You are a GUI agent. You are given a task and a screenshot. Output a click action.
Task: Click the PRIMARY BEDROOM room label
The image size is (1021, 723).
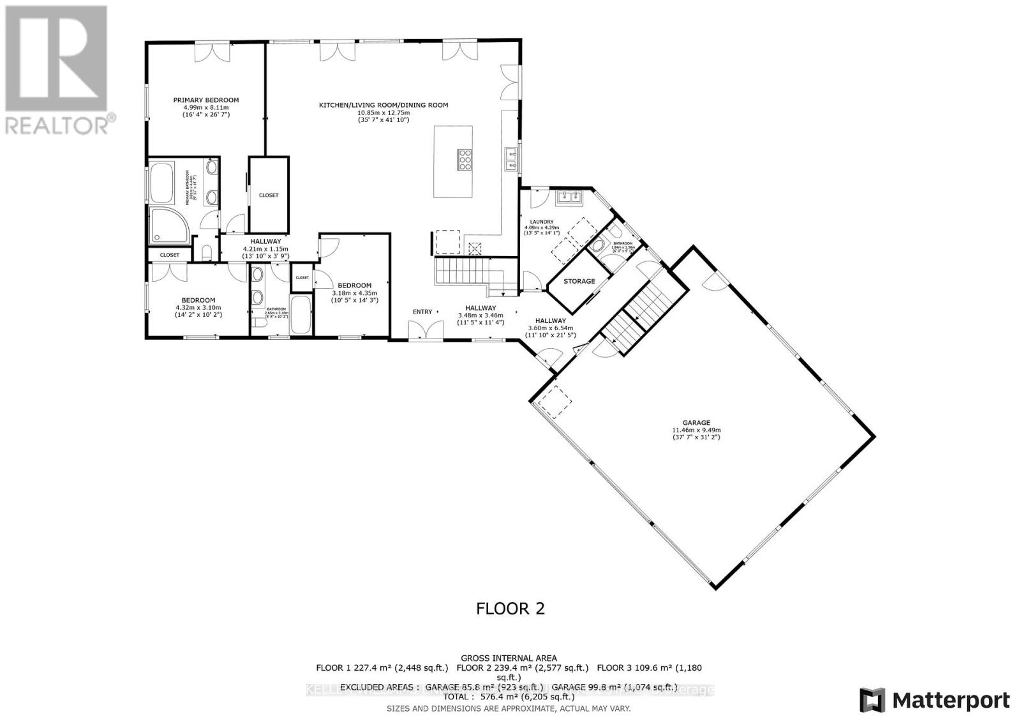(x=206, y=100)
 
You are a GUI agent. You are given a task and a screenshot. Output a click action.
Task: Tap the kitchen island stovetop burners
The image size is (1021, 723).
(x=464, y=159)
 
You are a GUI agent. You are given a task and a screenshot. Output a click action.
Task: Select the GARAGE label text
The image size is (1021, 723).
(x=696, y=423)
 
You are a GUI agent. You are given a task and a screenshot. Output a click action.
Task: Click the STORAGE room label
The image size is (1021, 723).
(x=579, y=281)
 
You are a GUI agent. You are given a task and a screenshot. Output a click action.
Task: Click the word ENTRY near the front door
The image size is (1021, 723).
(x=422, y=312)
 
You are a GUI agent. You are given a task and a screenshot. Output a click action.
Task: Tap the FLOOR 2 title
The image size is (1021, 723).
(x=511, y=608)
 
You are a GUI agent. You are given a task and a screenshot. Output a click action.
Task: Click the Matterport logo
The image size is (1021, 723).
(x=935, y=700)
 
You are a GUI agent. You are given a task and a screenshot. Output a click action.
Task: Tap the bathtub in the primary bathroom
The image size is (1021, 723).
(x=162, y=182)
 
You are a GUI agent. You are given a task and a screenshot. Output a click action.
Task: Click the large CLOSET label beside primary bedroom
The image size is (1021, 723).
(x=269, y=195)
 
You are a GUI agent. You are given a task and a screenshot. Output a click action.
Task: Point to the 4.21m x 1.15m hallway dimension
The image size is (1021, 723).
(x=265, y=249)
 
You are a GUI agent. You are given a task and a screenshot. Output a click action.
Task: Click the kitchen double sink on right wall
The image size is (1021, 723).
(x=511, y=160)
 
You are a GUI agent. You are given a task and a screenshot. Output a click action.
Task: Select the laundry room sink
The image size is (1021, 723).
(x=569, y=197)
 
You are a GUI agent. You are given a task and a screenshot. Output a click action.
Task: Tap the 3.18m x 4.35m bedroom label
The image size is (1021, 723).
(x=354, y=285)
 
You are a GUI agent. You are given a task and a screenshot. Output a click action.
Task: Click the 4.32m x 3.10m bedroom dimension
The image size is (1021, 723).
(x=198, y=307)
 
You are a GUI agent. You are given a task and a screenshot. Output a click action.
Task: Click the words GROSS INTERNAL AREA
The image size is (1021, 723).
(x=509, y=658)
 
